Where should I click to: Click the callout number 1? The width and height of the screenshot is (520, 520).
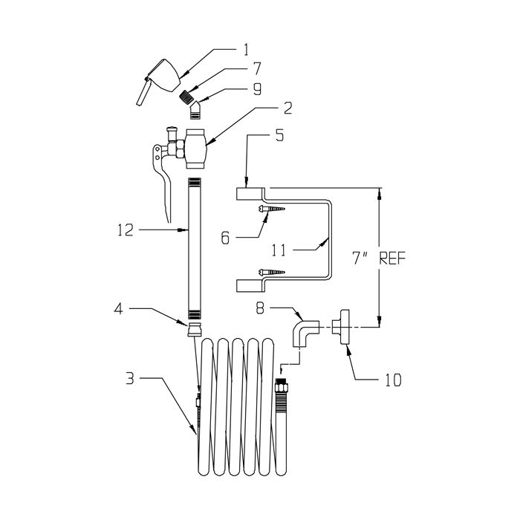pyautogui.click(x=246, y=50)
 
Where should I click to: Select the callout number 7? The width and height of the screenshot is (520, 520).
pyautogui.click(x=256, y=68)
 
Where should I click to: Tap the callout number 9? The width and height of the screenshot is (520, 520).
pyautogui.click(x=257, y=89)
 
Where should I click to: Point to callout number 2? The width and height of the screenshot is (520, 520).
pyautogui.click(x=287, y=108)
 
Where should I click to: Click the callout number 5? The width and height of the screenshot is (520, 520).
pyautogui.click(x=279, y=135)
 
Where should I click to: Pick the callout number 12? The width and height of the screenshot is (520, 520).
pyautogui.click(x=126, y=230)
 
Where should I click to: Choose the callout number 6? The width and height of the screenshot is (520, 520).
pyautogui.click(x=225, y=238)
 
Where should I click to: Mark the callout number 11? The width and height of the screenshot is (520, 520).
pyautogui.click(x=279, y=250)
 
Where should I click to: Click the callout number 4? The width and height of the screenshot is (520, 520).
pyautogui.click(x=118, y=309)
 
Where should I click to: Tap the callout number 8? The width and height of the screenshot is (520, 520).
pyautogui.click(x=260, y=308)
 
